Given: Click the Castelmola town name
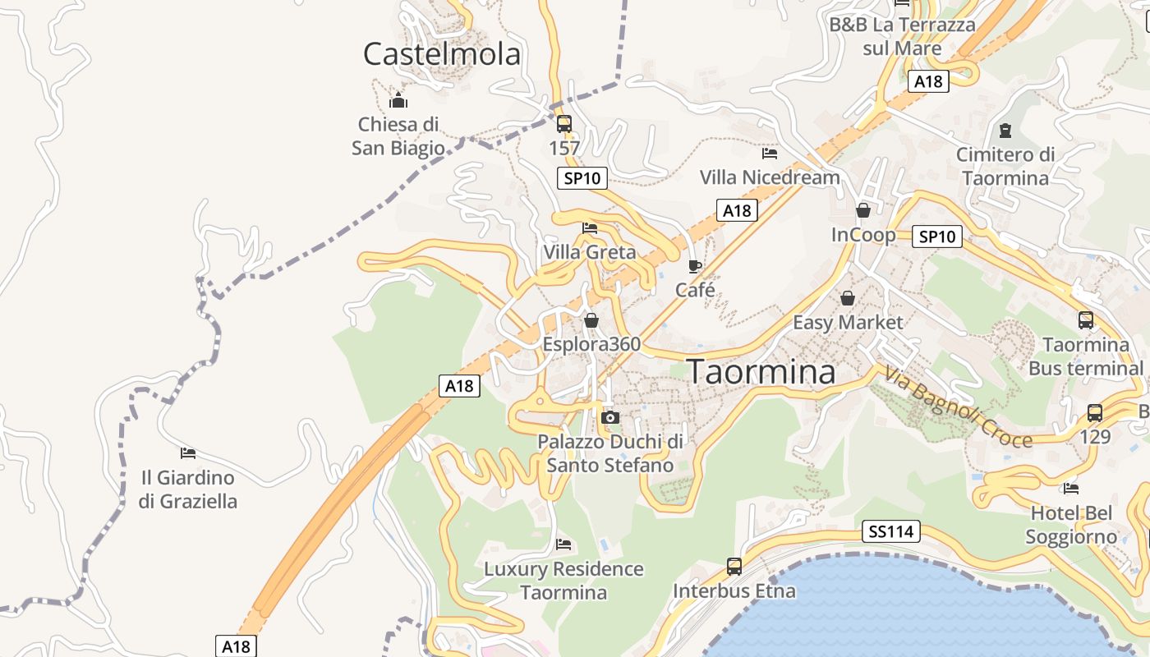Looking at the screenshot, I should point(442,54).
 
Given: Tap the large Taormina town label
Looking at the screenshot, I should point(761,371).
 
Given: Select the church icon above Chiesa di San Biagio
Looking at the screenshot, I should point(398,101).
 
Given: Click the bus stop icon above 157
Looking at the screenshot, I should point(564,124).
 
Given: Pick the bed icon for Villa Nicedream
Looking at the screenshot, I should point(770,153).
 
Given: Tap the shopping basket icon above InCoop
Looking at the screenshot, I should point(863,210).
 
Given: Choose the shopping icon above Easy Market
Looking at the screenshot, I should point(848,298).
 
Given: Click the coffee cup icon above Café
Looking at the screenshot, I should point(695,266).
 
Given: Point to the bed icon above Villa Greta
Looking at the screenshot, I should point(590,228).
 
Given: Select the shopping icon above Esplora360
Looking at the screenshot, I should point(591,319).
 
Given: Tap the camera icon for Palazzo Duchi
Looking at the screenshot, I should point(609,417).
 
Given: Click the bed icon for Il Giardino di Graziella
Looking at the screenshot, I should point(188,453).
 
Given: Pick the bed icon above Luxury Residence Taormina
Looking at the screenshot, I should point(563,544).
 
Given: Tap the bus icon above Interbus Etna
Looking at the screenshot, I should point(734,567).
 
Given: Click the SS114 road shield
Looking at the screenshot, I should point(891,532).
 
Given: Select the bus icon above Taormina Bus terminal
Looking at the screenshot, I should point(1086,320).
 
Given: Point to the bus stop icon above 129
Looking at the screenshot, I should point(1095,412).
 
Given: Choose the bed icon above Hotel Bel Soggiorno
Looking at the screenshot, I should point(1071,489).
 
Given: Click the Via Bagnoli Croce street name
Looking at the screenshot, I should point(958,408).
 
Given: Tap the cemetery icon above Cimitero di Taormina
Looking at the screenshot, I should point(1005,130).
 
